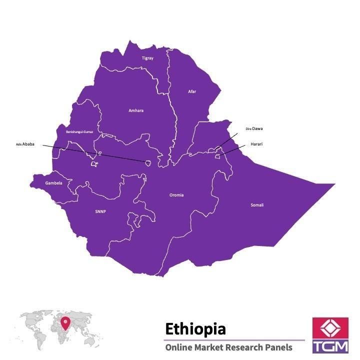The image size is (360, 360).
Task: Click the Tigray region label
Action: (x=147, y=58)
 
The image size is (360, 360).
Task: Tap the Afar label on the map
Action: (x=192, y=91)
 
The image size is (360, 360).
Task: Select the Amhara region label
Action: (x=135, y=110)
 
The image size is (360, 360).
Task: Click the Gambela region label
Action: (x=54, y=183)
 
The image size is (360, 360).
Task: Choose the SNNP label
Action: (x=100, y=211)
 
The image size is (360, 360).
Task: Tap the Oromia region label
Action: (x=176, y=195)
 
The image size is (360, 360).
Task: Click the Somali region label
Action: (x=257, y=205)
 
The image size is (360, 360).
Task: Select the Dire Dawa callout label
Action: (x=254, y=129)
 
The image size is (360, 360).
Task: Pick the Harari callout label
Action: (x=256, y=144)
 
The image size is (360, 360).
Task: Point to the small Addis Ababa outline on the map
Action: (x=148, y=162)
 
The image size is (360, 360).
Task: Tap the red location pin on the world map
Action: (x=65, y=324)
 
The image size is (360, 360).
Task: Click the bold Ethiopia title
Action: (x=195, y=328)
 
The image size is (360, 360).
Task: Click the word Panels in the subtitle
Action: (x=278, y=347)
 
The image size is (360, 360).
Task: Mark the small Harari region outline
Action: (x=217, y=157)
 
